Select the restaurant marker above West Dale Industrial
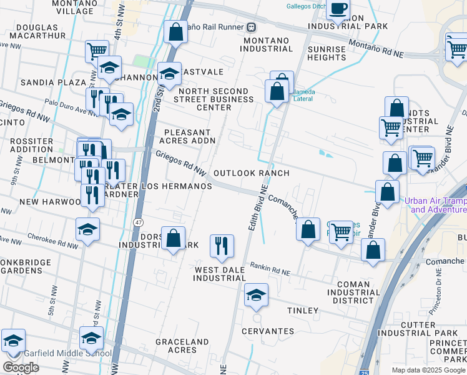point(222,246)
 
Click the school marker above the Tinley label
point(256,295)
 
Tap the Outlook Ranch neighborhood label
point(252,173)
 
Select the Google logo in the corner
point(21,367)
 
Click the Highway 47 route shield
point(139,222)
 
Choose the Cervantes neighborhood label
point(270,331)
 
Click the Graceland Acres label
point(182,346)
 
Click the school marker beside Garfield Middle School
point(92,339)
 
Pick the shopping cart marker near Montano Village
point(97,51)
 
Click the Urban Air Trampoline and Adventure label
point(435,205)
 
